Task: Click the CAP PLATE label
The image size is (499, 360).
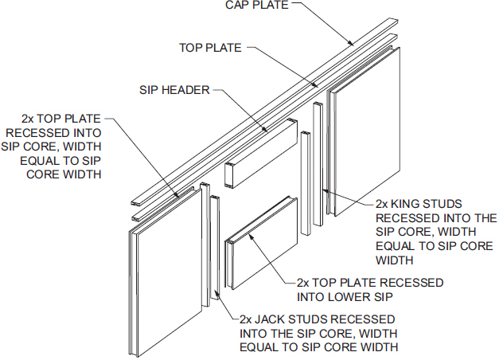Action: (257, 5)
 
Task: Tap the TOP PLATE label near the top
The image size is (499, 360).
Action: (210, 48)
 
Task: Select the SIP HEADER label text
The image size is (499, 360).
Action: (174, 90)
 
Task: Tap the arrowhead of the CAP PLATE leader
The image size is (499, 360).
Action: (350, 43)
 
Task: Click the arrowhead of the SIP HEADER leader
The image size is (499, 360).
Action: (264, 129)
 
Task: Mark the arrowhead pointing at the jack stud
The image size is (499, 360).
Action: (216, 293)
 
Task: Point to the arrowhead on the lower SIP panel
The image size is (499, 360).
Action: (251, 236)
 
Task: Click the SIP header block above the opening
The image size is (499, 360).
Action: (261, 154)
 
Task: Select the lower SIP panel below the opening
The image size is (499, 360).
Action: (262, 243)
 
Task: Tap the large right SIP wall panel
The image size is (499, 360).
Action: (364, 131)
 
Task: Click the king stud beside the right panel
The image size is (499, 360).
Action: (318, 164)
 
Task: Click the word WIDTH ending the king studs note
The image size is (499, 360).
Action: (394, 260)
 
